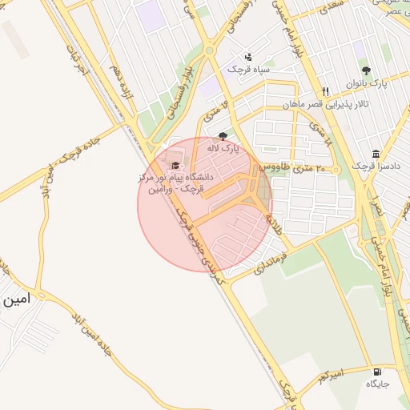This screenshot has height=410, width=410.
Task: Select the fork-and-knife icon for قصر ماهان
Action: point(325,91)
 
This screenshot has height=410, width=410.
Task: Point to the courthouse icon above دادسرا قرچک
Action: point(376,154)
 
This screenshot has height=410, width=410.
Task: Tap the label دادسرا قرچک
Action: point(370,167)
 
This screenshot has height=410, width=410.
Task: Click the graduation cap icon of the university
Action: point(176,164)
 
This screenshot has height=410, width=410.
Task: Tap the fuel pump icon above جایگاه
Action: point(376,372)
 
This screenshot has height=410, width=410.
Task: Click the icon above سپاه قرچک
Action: point(248,57)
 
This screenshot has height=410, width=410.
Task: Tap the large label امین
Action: point(16,300)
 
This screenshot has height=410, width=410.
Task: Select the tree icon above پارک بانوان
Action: point(366,70)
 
